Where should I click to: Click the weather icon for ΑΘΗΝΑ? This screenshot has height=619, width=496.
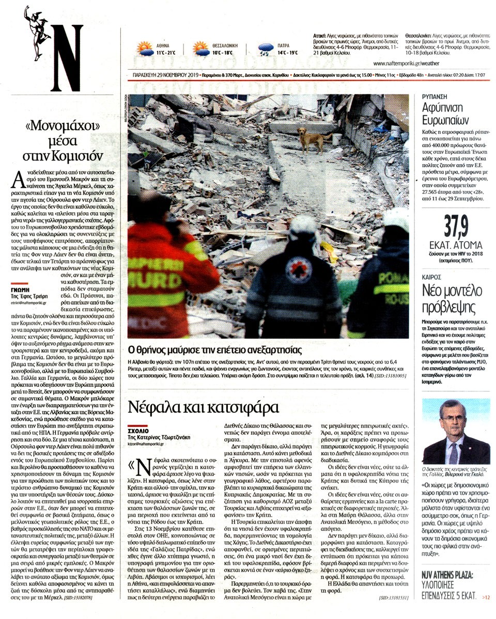coord(144,49)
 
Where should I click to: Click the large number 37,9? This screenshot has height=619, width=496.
coord(452,226)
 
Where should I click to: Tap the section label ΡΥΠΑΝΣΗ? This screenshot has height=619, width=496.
coord(433,96)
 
